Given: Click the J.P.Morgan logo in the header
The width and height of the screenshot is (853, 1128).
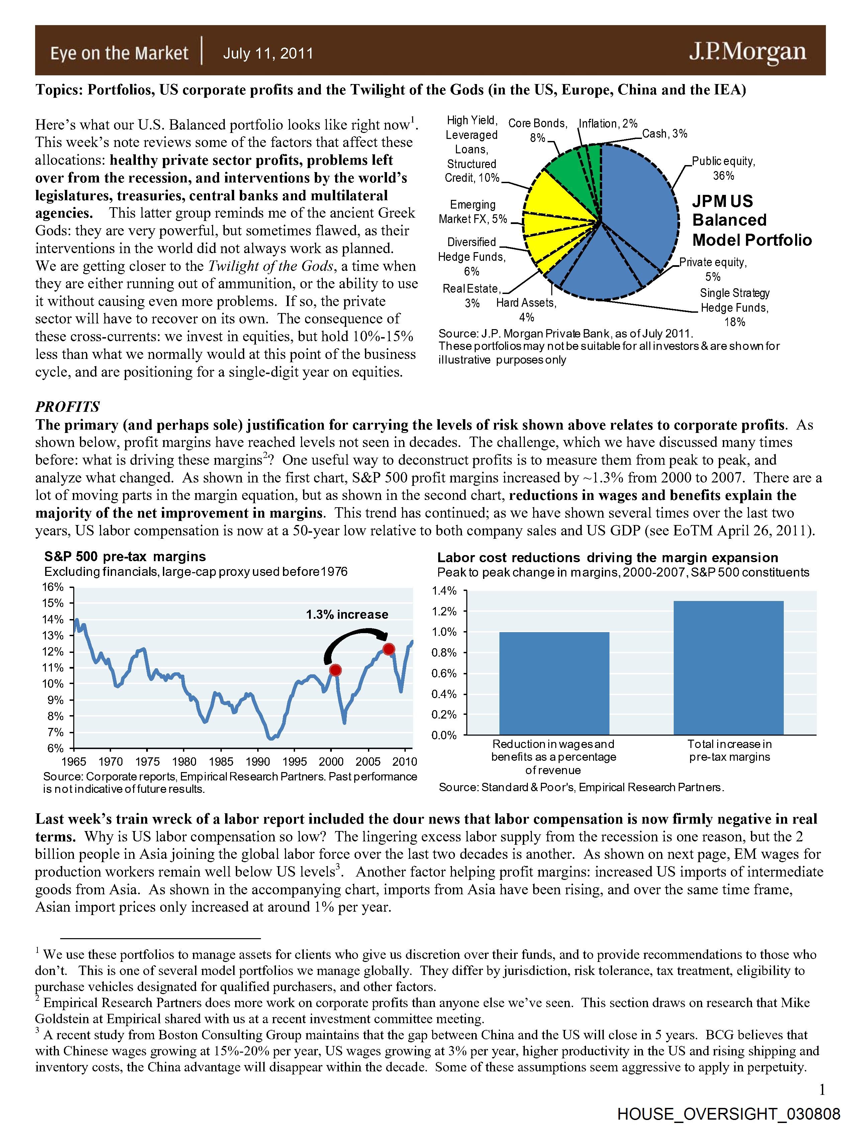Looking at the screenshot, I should coord(748,52).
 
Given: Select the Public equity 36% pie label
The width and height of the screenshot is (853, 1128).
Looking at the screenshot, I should coord(723,168).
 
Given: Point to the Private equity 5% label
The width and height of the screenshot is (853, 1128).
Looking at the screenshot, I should coord(713,269).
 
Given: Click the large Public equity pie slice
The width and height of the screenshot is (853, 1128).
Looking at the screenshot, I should coord(642,204).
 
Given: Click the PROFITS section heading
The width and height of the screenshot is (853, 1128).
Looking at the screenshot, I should coord(67,406).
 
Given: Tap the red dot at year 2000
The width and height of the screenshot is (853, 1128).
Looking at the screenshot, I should coord(335,670).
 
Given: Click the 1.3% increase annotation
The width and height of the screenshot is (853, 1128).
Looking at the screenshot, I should coord(347,614).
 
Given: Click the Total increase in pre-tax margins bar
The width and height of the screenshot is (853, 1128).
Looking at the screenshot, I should coord(728,668).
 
